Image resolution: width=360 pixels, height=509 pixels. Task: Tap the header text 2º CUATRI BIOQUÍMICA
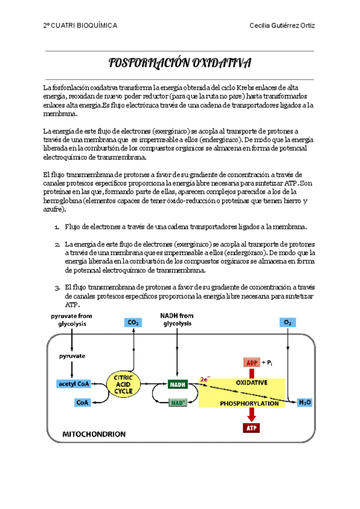coord(80,26)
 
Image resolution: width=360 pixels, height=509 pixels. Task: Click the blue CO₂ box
coord(133,322)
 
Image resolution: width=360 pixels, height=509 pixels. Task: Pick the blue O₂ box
coord(288,322)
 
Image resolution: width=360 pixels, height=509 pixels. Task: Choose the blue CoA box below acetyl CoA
coord(82,403)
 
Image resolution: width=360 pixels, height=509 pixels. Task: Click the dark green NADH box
coord(177,384)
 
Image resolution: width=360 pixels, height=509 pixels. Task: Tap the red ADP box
coord(251,363)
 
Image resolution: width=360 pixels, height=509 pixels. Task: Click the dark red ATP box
coord(251,428)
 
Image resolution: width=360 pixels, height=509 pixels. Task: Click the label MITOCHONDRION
coord(95,433)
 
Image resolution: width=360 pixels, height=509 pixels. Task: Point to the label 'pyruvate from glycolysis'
coord(72,319)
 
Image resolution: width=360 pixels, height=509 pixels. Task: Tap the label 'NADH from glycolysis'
coord(177,319)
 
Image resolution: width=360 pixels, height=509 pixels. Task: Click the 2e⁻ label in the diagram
coord(205,379)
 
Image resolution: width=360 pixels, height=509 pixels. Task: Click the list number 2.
coord(57,245)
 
